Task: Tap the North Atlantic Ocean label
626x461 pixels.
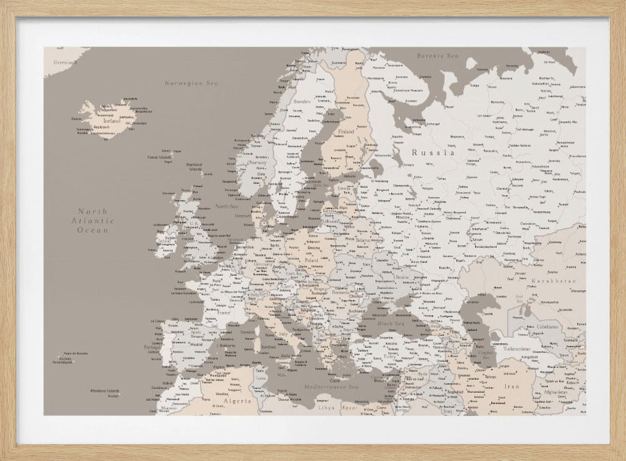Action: click(x=93, y=221)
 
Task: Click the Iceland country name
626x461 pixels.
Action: click(x=103, y=121)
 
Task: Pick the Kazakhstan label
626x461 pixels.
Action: click(x=553, y=281)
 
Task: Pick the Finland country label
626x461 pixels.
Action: click(x=346, y=132)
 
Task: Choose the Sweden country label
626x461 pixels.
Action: click(x=302, y=101)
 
